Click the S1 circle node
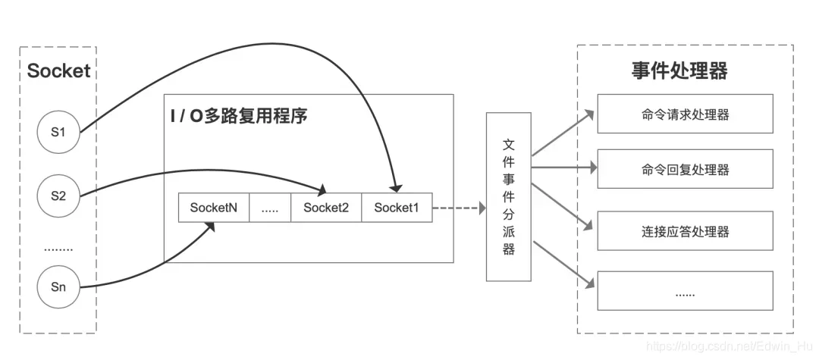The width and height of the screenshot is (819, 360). click(x=58, y=132)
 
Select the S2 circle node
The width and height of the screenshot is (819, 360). click(x=58, y=196)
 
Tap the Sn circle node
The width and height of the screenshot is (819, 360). click(x=58, y=287)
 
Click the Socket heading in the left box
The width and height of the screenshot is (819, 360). click(x=58, y=71)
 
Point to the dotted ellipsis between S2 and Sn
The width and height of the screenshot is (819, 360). click(x=58, y=247)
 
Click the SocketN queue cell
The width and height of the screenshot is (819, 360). click(x=214, y=208)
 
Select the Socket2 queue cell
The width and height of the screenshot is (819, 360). click(x=326, y=208)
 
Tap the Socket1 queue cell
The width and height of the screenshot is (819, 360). click(x=397, y=208)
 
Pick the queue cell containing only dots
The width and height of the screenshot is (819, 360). click(x=270, y=208)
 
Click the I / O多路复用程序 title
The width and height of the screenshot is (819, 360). click(x=239, y=117)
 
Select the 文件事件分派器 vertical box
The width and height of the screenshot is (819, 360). click(x=508, y=196)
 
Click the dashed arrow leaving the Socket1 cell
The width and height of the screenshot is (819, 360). click(x=458, y=208)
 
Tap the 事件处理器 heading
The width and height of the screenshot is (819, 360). click(x=679, y=71)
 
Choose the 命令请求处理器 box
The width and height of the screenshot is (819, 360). click(x=685, y=114)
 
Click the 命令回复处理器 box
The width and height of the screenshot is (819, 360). click(x=685, y=169)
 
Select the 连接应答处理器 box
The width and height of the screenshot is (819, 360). click(x=685, y=231)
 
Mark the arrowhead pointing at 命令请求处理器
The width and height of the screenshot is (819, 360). click(x=589, y=116)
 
